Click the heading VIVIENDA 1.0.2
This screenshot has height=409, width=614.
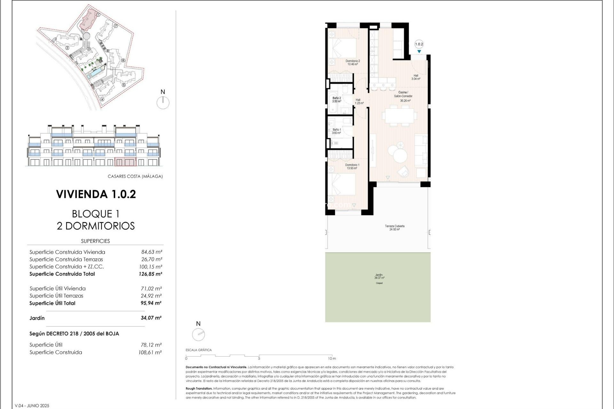pos(96,194)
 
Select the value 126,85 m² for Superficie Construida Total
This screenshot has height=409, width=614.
pos(150,274)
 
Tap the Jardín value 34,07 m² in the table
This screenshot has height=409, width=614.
pos(151,318)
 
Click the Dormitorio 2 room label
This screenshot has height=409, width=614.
pos(352,62)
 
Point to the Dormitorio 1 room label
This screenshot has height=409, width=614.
pos(352,166)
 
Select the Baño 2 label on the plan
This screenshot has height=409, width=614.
pos(336,100)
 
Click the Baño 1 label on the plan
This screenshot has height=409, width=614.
pos(336,131)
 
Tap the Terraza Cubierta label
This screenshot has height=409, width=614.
pos(395,228)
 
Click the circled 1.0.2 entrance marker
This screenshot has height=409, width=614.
pos(419,44)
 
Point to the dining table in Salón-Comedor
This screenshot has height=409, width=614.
pos(399,116)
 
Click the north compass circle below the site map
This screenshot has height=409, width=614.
pos(163,103)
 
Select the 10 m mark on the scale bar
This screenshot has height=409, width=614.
pos(332,358)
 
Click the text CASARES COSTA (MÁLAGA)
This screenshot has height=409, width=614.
pos(135,176)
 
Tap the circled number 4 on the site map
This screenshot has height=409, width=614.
pos(102,99)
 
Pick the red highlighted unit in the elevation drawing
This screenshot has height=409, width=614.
pos(125,162)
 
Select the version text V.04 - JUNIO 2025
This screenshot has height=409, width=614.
pos(32,405)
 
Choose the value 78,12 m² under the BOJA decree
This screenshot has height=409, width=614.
pos(151,345)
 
